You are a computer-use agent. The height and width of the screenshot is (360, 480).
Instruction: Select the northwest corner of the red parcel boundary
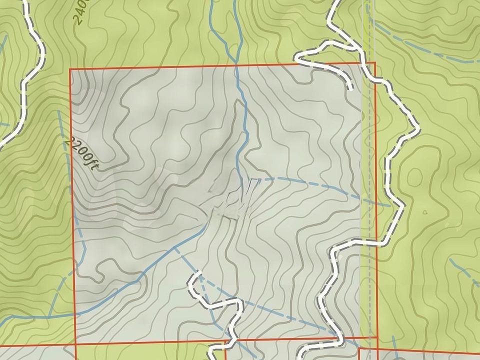point(70,69)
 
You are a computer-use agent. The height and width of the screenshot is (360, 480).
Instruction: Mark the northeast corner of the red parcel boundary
point(374,63)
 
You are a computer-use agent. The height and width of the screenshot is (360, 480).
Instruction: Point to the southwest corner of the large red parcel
point(75,344)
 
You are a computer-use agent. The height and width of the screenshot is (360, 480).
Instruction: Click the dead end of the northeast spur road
point(351,89)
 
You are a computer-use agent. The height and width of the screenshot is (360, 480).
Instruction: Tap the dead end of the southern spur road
point(198,273)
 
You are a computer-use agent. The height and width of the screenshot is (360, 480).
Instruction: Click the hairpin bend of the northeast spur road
point(298,59)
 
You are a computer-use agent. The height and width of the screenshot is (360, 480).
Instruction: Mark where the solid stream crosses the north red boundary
point(237,65)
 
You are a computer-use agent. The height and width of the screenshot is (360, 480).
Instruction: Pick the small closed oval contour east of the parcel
point(414,176)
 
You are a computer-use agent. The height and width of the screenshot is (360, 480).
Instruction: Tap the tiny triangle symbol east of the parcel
point(426,212)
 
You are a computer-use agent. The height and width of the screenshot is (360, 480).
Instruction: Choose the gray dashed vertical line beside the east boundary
point(370,200)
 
